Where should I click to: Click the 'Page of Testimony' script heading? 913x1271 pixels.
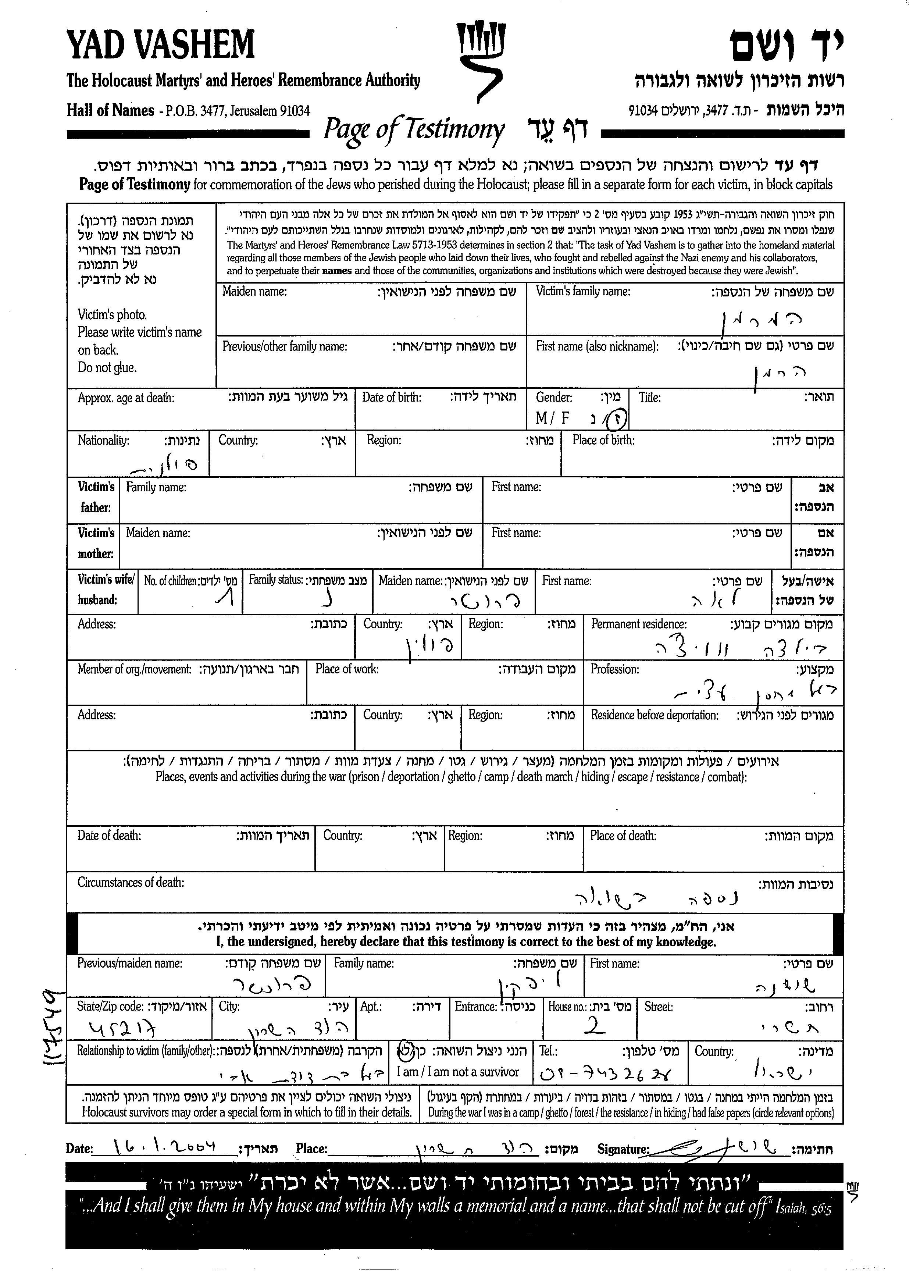point(414,130)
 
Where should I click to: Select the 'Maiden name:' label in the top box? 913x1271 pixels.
point(254,291)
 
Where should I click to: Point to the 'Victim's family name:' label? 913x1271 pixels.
point(583,291)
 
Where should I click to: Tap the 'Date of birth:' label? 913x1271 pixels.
point(392,397)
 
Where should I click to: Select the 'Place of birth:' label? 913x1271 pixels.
point(604,441)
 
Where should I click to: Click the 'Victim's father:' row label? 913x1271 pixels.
point(96,497)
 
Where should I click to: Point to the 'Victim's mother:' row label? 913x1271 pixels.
point(96,543)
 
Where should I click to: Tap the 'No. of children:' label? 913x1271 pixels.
point(170,581)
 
